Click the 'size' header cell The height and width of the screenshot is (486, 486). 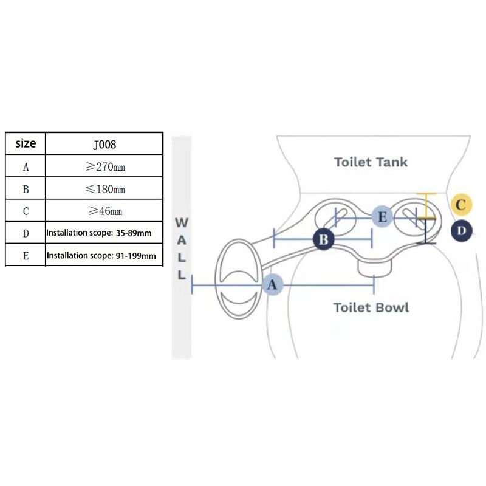(26, 144)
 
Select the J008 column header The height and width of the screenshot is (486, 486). (104, 145)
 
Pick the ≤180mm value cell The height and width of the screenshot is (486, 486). (104, 189)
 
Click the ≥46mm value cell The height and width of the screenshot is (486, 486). (104, 211)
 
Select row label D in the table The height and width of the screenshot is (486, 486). (26, 233)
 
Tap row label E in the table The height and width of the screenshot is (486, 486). (26, 256)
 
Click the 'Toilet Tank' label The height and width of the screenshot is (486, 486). (371, 162)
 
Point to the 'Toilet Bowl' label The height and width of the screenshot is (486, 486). (371, 307)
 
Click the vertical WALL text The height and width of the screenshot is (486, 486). (181, 248)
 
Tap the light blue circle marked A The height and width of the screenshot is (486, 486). (272, 284)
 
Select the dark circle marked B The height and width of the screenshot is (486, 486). (323, 239)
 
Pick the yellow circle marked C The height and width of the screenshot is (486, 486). (461, 205)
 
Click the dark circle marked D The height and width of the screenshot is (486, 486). (462, 231)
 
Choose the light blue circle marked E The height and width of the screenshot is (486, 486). (382, 217)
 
